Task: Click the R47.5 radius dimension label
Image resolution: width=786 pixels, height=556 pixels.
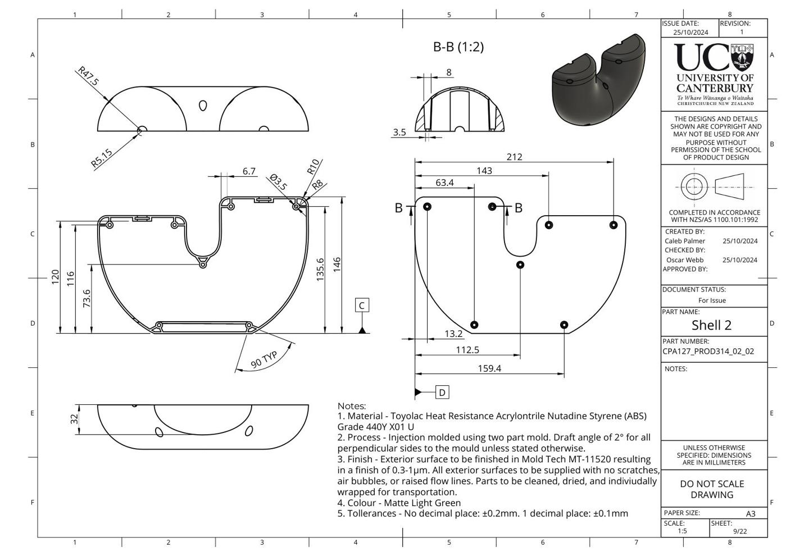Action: (x=88, y=76)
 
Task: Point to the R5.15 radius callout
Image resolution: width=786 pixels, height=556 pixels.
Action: (x=102, y=157)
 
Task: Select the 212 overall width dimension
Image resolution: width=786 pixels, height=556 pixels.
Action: (x=514, y=157)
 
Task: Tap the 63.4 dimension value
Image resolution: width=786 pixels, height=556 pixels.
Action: (x=444, y=183)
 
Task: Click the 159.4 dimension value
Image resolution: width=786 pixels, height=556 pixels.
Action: (x=489, y=368)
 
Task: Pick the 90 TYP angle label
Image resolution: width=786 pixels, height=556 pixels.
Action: (x=264, y=359)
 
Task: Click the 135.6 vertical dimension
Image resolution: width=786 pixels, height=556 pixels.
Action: (x=320, y=270)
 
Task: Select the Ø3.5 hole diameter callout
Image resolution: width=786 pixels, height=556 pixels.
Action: (x=279, y=182)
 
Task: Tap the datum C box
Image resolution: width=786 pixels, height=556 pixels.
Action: (x=362, y=305)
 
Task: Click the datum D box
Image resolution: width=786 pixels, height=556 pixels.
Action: (x=442, y=392)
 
